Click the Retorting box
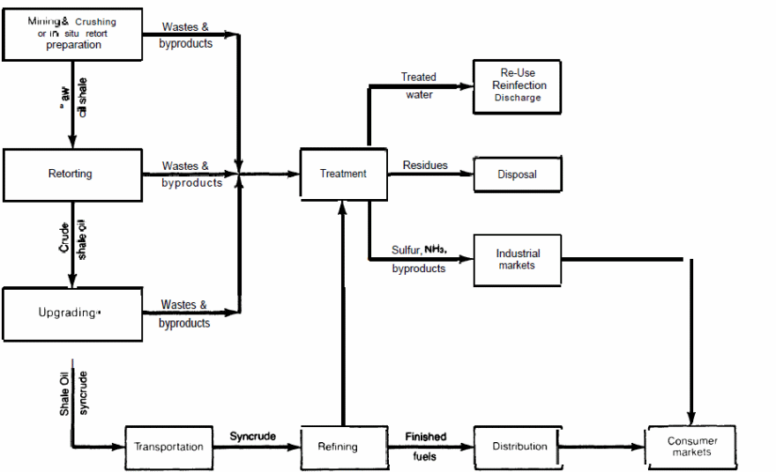(x=71, y=174)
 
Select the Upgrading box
(x=71, y=313)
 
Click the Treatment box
(x=343, y=173)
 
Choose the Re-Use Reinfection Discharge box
(x=519, y=86)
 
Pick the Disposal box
(x=517, y=174)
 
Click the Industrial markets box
(x=517, y=260)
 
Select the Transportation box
(x=168, y=446)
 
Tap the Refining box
(x=338, y=446)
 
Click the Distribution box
(x=519, y=446)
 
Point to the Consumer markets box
(x=691, y=446)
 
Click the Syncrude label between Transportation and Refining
(x=252, y=437)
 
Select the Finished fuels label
(x=425, y=446)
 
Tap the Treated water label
(x=419, y=86)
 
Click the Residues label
(x=425, y=166)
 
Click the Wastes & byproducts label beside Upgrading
(x=185, y=314)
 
